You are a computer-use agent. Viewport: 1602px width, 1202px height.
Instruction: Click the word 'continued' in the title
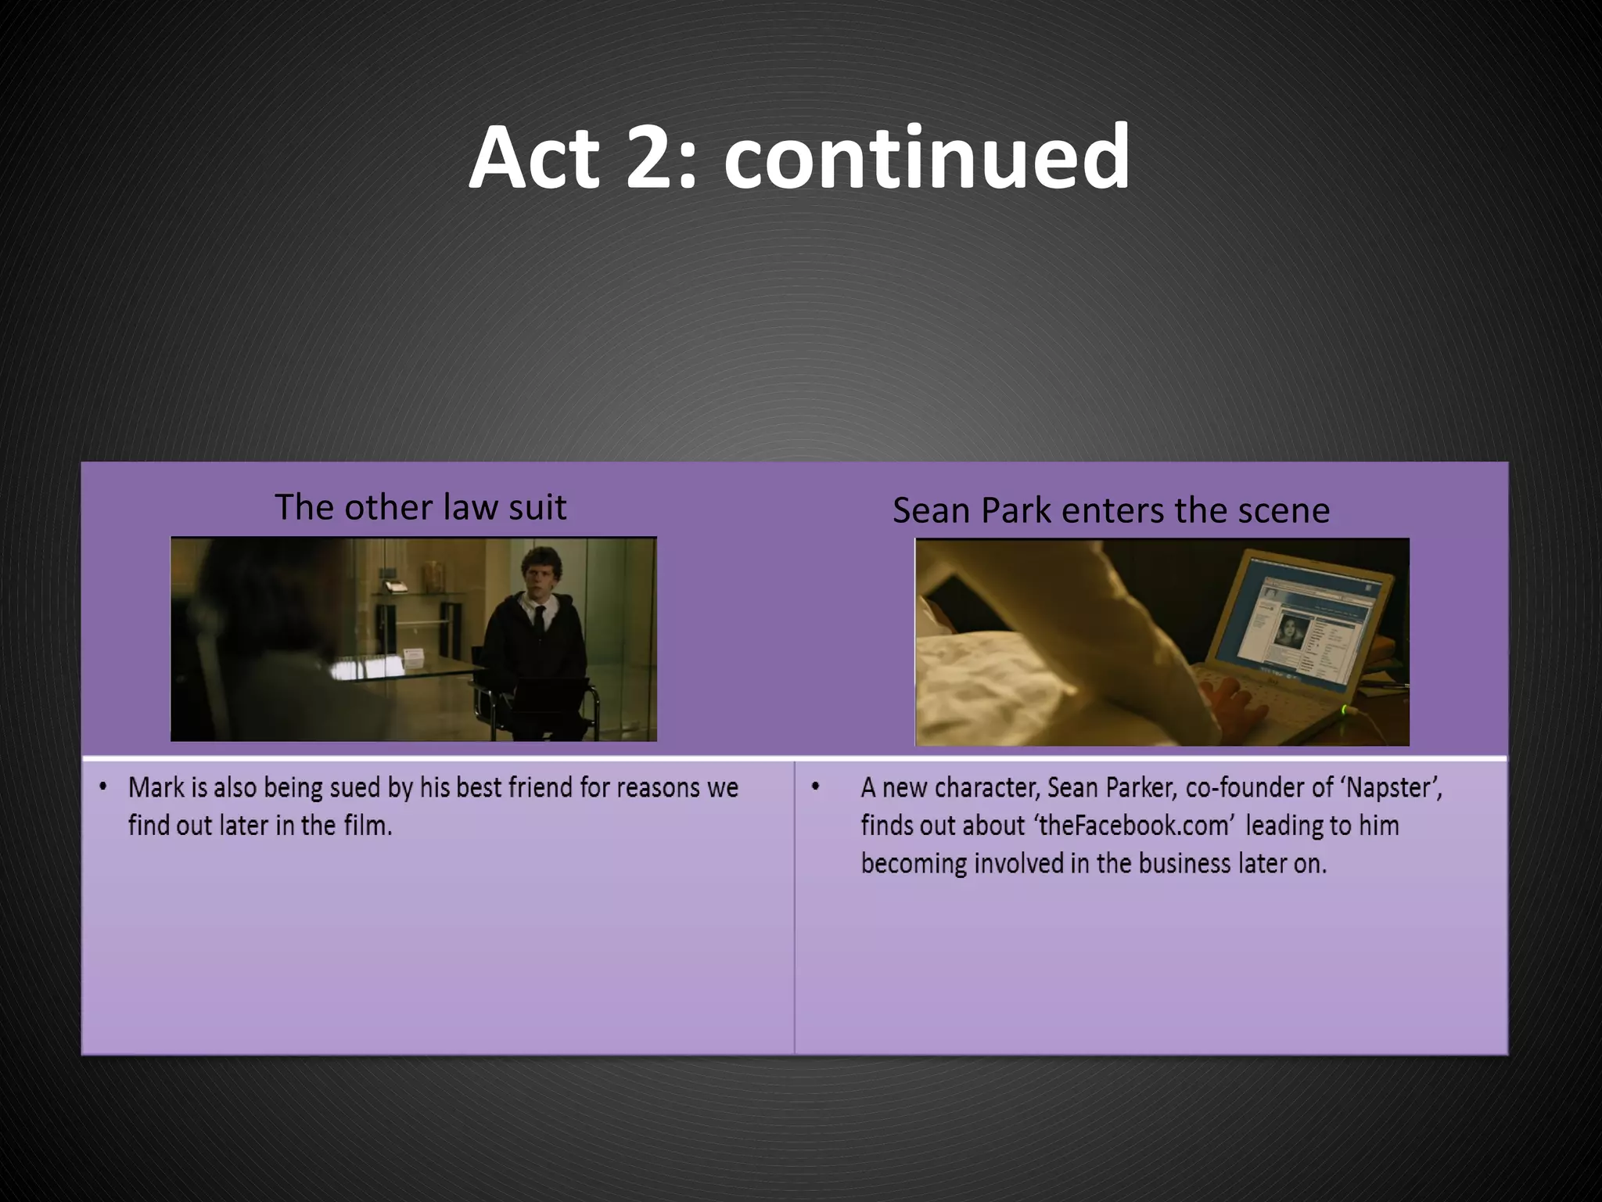pyautogui.click(x=926, y=159)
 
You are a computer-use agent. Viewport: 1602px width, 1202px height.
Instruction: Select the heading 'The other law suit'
pyautogui.click(x=420, y=507)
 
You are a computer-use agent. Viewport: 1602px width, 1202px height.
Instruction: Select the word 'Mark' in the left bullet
pyautogui.click(x=154, y=787)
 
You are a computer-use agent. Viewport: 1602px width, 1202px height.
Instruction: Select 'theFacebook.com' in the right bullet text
pyautogui.click(x=1136, y=826)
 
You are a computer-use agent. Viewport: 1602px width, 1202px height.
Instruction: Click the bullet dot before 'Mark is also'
pyautogui.click(x=103, y=786)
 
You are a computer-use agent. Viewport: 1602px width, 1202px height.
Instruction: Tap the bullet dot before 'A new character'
pyautogui.click(x=816, y=786)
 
